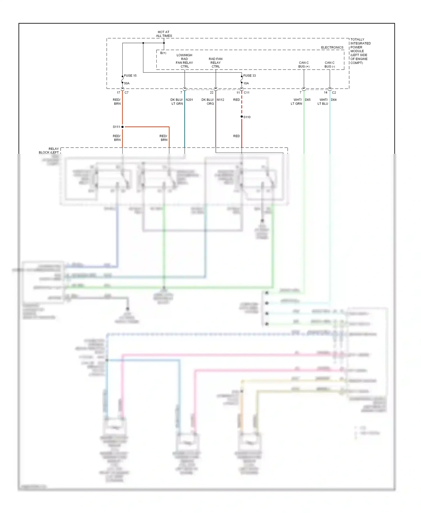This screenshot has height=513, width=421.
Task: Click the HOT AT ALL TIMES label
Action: tap(164, 34)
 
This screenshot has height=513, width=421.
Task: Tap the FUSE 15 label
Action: tap(130, 76)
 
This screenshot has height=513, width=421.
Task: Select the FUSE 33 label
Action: tap(249, 76)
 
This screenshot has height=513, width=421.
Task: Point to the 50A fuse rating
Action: tap(127, 83)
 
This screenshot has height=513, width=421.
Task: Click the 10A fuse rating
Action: tap(246, 83)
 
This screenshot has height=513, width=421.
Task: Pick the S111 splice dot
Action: tap(122, 127)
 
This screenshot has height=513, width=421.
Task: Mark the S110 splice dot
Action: tap(242, 117)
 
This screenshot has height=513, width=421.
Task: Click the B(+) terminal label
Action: tap(163, 53)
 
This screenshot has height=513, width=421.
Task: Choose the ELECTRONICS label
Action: tap(332, 47)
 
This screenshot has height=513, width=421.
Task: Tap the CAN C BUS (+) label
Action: tap(304, 65)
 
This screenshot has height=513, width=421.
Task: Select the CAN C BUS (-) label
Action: tap(330, 65)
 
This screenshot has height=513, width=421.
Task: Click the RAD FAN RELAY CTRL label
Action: tap(216, 63)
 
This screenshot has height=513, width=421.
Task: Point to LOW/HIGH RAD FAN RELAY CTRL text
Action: tap(184, 61)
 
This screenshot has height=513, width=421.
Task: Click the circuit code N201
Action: tap(189, 100)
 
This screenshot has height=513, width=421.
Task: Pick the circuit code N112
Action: tap(220, 100)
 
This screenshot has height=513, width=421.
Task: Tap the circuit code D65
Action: tap(308, 100)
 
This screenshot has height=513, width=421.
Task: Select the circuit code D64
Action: tap(333, 100)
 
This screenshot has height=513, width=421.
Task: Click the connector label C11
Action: tap(246, 93)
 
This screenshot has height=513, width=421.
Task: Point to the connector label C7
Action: tap(127, 93)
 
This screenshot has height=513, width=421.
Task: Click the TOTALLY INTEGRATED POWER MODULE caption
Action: tap(360, 51)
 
